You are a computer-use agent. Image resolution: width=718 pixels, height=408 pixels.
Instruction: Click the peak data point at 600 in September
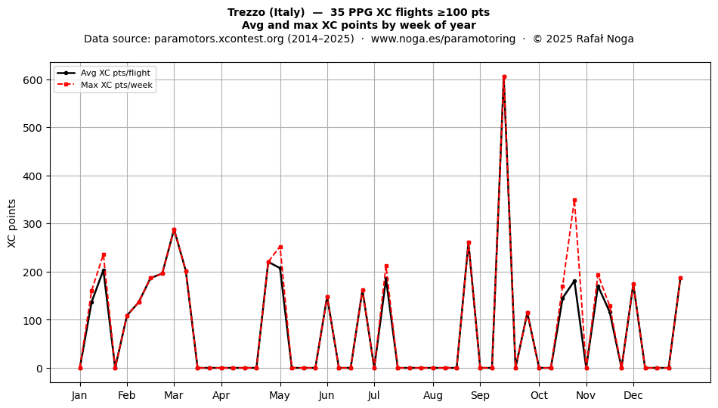pos(504,77)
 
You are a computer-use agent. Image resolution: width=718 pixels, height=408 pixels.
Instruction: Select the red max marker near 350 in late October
pos(574,201)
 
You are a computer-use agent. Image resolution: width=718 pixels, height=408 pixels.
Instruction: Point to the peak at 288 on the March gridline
pos(174,229)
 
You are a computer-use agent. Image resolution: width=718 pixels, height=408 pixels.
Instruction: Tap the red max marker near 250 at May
pos(280,247)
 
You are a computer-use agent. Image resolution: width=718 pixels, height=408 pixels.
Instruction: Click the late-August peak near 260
pos(469,243)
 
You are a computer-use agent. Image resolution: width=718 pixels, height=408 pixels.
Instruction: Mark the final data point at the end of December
pos(680,279)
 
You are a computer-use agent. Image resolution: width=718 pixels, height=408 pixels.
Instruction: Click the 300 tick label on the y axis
pos(32,224)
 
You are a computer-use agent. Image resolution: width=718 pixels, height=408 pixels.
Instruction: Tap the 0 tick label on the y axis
pos(39,368)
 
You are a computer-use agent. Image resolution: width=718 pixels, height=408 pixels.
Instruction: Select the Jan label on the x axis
pos(79,395)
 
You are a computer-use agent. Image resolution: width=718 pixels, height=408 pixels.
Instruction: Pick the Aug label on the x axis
pos(433,395)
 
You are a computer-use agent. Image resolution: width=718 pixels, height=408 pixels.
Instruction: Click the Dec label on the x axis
pos(633,395)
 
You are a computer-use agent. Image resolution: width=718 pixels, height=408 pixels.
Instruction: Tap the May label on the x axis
pos(280,395)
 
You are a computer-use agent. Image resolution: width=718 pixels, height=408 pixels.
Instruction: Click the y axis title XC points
pos(12,224)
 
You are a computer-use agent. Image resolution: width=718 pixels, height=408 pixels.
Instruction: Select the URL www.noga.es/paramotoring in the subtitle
pos(443,39)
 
